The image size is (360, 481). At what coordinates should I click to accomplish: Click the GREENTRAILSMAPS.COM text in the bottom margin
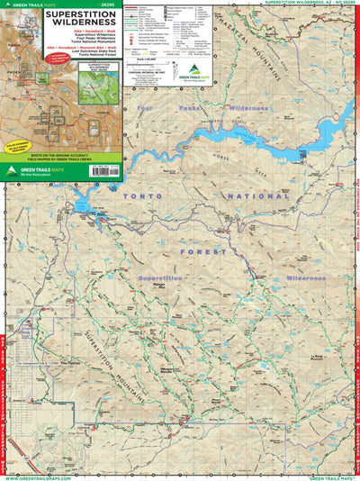pyautogui.click(x=36, y=476)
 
